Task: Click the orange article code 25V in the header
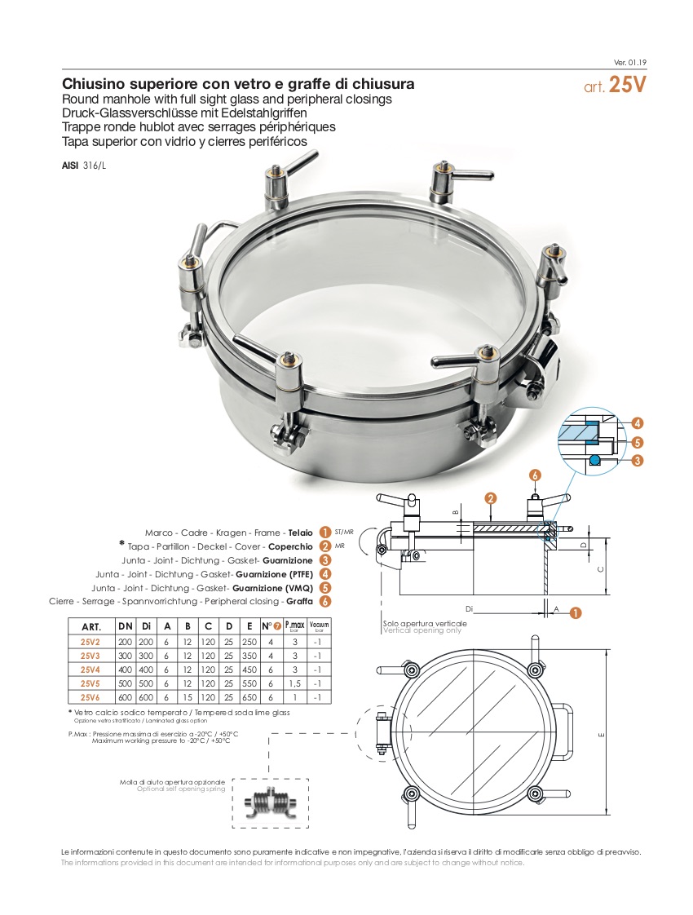(628, 85)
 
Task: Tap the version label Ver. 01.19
(630, 63)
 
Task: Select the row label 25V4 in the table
(90, 670)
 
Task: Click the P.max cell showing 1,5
(294, 683)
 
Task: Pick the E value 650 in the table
(249, 697)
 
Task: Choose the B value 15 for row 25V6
(188, 697)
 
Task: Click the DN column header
(126, 626)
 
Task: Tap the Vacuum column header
(319, 625)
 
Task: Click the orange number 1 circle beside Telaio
(325, 533)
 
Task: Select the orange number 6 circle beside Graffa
(325, 602)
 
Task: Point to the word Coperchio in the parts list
(290, 546)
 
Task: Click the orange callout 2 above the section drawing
(491, 497)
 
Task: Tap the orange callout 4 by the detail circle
(638, 423)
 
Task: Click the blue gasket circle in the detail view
(594, 461)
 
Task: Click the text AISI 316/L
(84, 166)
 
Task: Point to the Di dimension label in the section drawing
(469, 609)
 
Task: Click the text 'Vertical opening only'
(422, 631)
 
